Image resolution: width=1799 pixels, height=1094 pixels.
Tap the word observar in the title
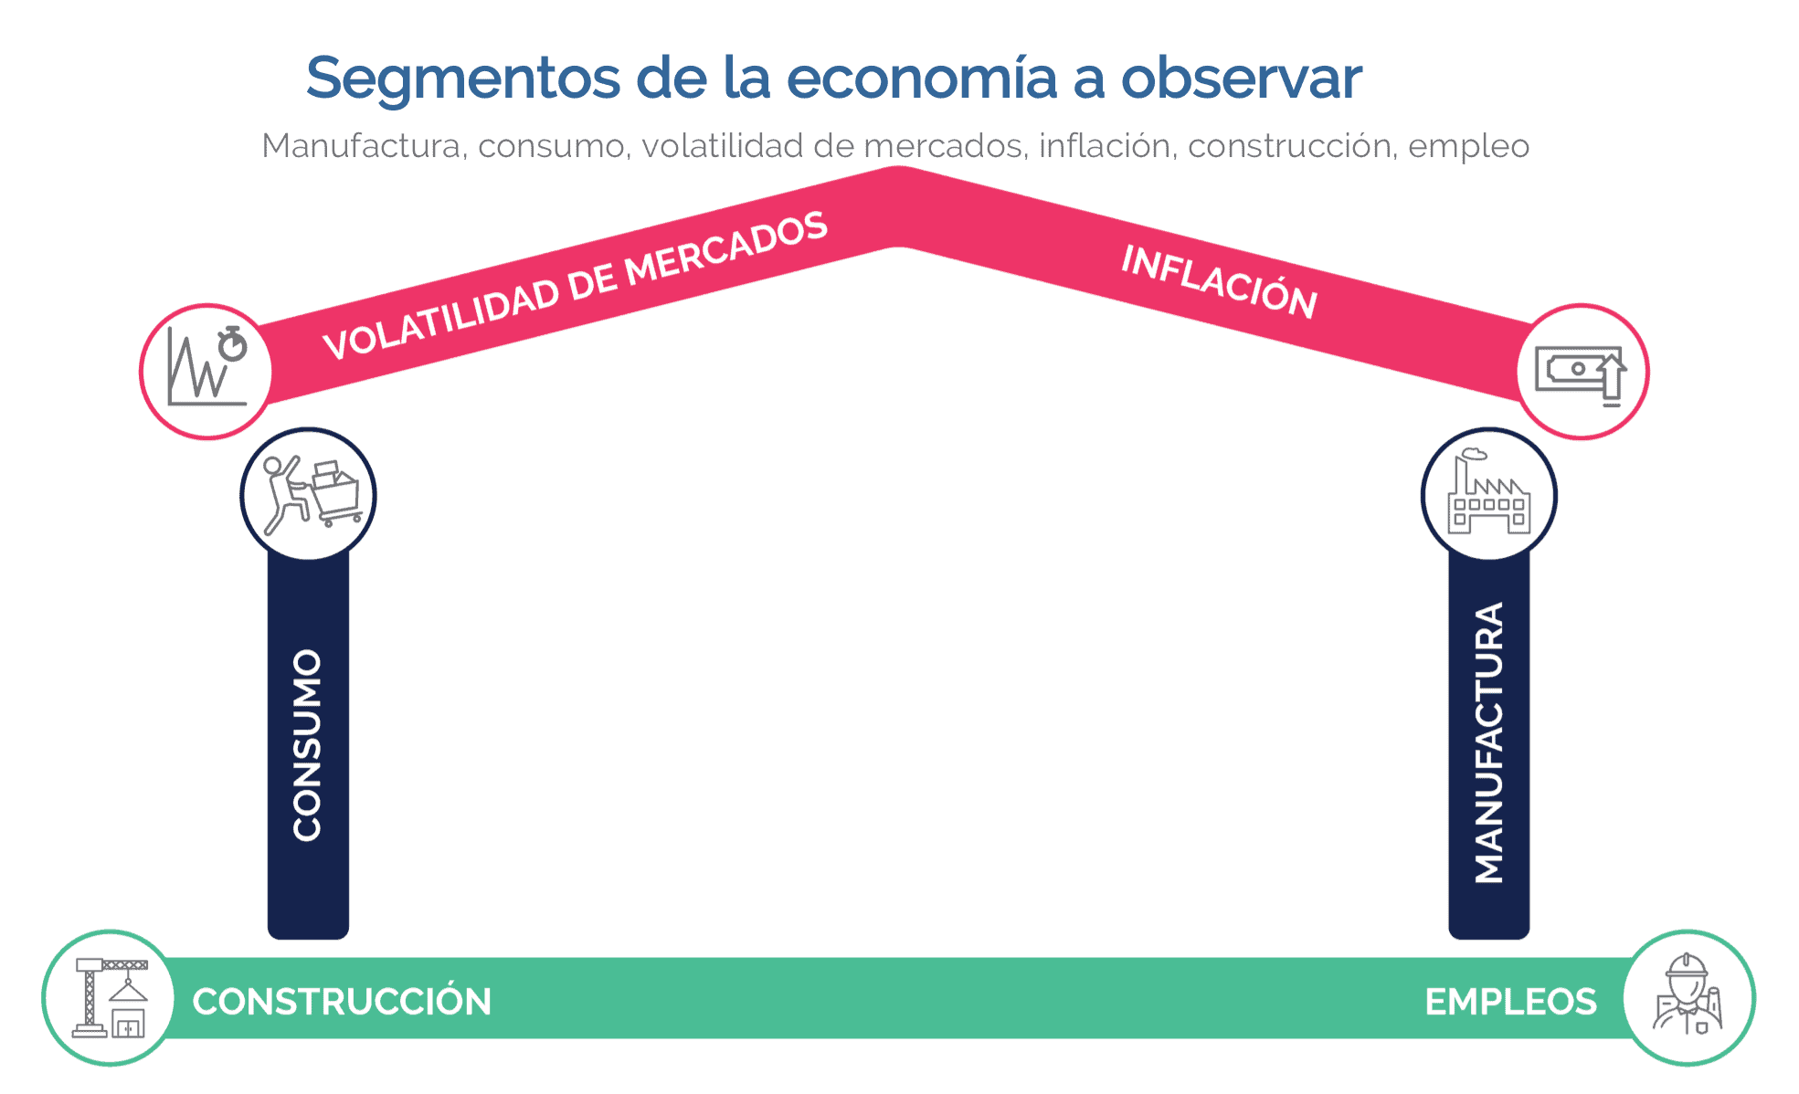pos(1242,78)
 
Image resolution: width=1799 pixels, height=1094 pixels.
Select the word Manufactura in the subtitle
pos(361,145)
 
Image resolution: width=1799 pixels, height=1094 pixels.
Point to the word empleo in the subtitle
pos(1468,147)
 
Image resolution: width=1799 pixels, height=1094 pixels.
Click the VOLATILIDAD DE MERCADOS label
pos(576,285)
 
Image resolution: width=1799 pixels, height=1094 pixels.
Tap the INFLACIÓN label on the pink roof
pos(1220,281)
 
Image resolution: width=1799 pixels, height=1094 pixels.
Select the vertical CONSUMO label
pos(308,744)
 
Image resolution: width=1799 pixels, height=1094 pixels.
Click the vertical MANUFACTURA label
pos(1489,742)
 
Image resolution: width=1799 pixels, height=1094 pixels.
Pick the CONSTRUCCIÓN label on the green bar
pos(342,1001)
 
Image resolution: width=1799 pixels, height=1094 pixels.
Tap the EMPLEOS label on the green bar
pos(1511,1002)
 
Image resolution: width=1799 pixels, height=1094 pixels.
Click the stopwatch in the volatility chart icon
pos(233,343)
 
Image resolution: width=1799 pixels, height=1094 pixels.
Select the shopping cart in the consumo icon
pos(337,493)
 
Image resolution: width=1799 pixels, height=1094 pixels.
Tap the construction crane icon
pos(111,997)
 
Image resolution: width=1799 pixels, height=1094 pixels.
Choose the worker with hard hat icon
pos(1688,995)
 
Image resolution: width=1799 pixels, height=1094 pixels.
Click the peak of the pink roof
pos(899,168)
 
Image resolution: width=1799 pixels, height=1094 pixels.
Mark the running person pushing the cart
pos(283,494)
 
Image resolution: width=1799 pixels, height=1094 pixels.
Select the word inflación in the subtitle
pos(1106,145)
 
